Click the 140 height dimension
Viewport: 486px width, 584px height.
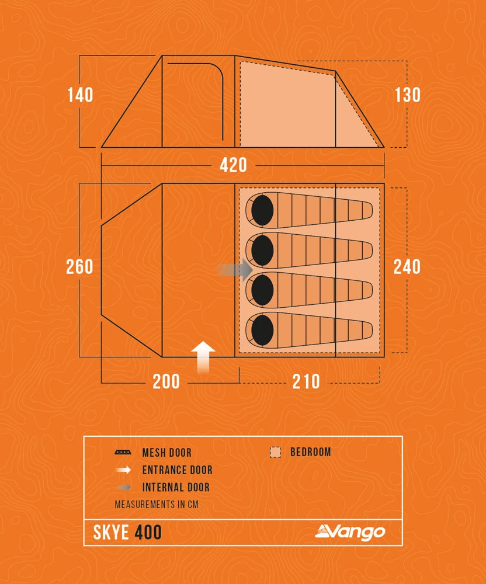[x=80, y=95]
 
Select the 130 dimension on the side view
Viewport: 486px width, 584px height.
[x=407, y=95]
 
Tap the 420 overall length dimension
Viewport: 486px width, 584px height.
[x=233, y=165]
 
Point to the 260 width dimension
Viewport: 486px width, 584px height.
[x=79, y=266]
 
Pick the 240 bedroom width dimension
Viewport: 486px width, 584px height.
[x=407, y=266]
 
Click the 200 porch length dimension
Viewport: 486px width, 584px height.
[x=166, y=381]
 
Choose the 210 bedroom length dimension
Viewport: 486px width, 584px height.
[x=306, y=381]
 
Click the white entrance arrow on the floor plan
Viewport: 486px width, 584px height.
[x=203, y=357]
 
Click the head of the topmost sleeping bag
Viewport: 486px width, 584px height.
[x=262, y=210]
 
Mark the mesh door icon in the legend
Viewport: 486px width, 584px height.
[x=123, y=453]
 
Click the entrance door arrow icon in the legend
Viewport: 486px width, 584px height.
[x=123, y=470]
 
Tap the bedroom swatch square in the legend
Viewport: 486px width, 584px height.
[x=275, y=453]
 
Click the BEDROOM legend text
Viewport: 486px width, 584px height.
[x=310, y=452]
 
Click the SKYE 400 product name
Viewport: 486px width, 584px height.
[x=127, y=533]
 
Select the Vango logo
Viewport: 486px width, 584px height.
[x=350, y=532]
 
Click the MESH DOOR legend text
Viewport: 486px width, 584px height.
[x=166, y=453]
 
